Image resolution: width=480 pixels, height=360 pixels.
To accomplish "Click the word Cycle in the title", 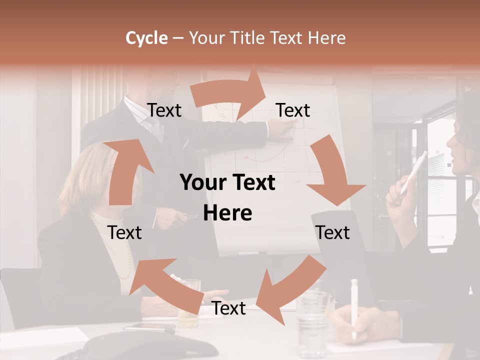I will point(146,38).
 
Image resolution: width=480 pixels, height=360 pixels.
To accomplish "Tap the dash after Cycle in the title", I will point(178,38).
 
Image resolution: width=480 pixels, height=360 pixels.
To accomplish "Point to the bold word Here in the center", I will point(227,213).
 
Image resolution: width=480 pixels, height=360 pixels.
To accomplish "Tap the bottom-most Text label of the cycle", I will point(229,308).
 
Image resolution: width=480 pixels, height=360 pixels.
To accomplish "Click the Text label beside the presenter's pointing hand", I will point(293,110).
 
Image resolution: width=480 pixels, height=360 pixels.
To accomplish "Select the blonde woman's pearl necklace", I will point(125,250).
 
